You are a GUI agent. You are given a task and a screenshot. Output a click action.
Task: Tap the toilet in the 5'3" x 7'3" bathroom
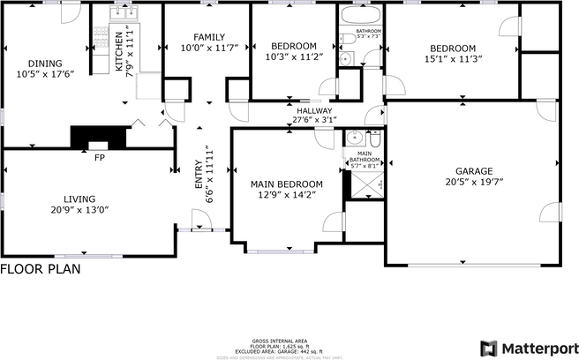pyautogui.click(x=346, y=59)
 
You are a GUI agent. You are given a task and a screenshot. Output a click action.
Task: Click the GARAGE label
pyautogui.click(x=473, y=171)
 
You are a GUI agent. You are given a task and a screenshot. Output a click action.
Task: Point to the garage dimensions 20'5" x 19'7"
pyautogui.click(x=473, y=184)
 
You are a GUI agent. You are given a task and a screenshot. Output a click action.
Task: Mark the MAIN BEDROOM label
pyautogui.click(x=286, y=184)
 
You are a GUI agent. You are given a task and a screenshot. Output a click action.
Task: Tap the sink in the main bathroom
pyautogui.click(x=355, y=139)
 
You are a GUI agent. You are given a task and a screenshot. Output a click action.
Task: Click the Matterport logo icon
pyautogui.click(x=488, y=347)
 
